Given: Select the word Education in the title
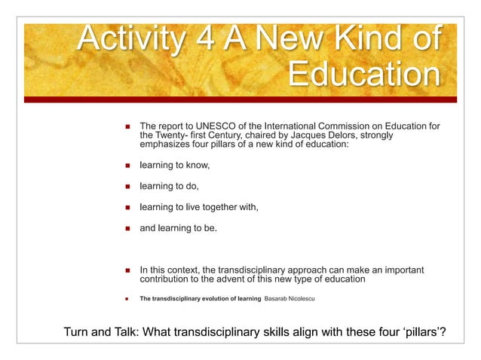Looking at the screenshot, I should pos(364,75).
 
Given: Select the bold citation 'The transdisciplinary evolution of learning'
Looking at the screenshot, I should pos(200,299).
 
